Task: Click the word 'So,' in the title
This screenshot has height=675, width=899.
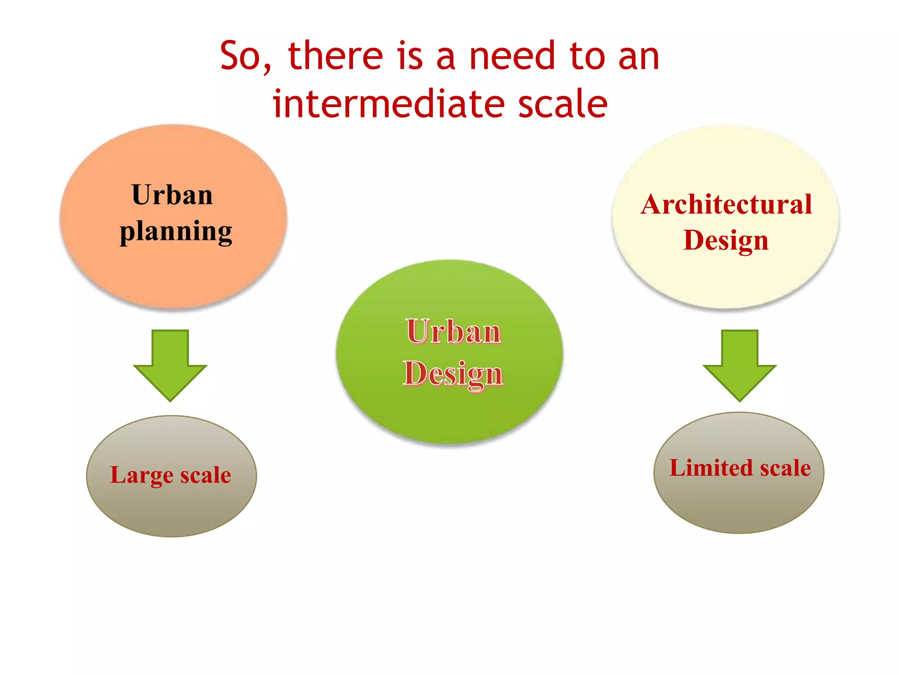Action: click(x=245, y=56)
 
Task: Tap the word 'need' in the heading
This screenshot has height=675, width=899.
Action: click(x=512, y=56)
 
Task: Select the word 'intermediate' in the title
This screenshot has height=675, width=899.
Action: click(x=388, y=104)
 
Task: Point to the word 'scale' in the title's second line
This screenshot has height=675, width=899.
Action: click(x=563, y=104)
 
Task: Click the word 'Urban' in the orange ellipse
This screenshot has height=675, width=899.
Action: click(x=172, y=195)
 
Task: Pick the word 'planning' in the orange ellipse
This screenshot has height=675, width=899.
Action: click(x=176, y=232)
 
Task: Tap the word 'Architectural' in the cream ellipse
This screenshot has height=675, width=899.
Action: click(x=726, y=204)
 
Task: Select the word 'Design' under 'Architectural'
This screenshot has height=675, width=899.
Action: click(x=726, y=240)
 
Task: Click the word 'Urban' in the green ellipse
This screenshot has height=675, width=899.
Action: click(x=453, y=331)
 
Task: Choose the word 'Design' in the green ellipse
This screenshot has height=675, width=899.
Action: click(x=453, y=374)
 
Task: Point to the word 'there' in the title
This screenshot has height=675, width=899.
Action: click(x=336, y=56)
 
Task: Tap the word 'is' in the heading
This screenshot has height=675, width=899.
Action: click(x=410, y=56)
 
